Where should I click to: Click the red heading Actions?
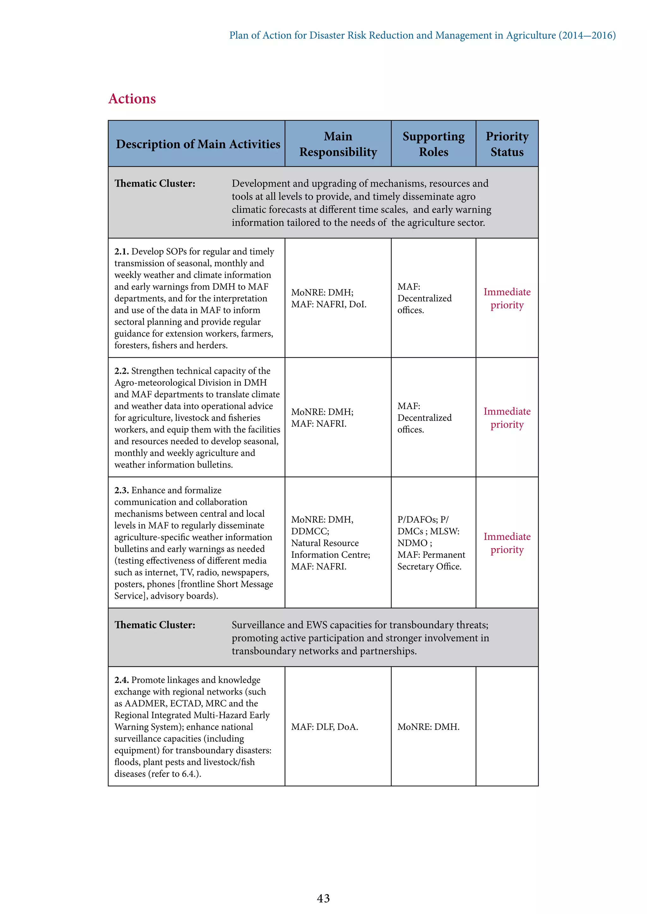(x=132, y=99)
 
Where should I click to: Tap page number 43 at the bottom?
(x=323, y=898)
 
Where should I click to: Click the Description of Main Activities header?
(x=198, y=144)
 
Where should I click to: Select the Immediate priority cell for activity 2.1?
(x=507, y=298)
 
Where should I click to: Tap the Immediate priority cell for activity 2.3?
(x=507, y=543)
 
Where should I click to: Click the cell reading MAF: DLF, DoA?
(x=324, y=727)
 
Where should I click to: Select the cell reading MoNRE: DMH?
(x=428, y=727)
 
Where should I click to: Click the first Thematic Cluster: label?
(x=154, y=183)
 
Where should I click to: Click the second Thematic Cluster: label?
(x=154, y=625)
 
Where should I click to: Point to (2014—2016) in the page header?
(x=587, y=35)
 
